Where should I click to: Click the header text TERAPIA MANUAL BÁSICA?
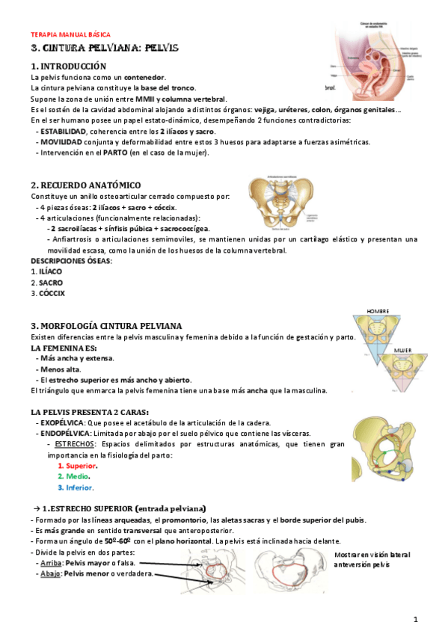70,35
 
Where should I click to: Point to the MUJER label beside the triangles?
403,349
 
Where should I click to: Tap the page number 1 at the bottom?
417,619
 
